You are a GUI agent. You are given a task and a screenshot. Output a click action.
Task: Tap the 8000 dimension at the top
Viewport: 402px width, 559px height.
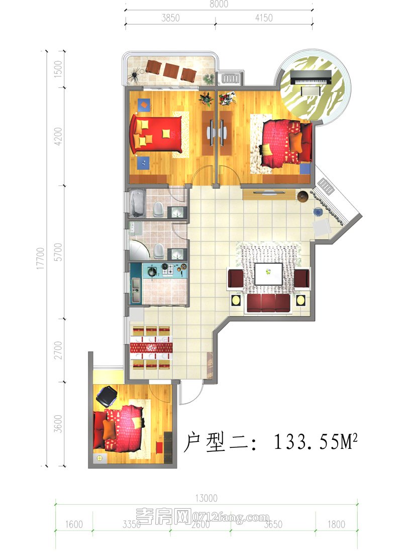coord(219,4)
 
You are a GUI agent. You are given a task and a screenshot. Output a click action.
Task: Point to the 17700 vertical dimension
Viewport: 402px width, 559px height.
coord(41,258)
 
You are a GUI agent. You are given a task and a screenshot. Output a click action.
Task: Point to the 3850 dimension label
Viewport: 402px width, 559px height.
coord(170,18)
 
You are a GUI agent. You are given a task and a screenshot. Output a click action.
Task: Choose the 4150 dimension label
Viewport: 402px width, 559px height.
coord(263,18)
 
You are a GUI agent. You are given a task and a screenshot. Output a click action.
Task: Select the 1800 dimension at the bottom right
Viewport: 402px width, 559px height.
coord(336,524)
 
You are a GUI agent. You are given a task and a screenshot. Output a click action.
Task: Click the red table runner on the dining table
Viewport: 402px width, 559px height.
coord(151,346)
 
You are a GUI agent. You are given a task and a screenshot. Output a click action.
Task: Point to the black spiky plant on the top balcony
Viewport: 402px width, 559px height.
coord(135,76)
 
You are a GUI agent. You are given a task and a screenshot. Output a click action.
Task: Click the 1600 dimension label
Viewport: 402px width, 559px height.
coord(74,524)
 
